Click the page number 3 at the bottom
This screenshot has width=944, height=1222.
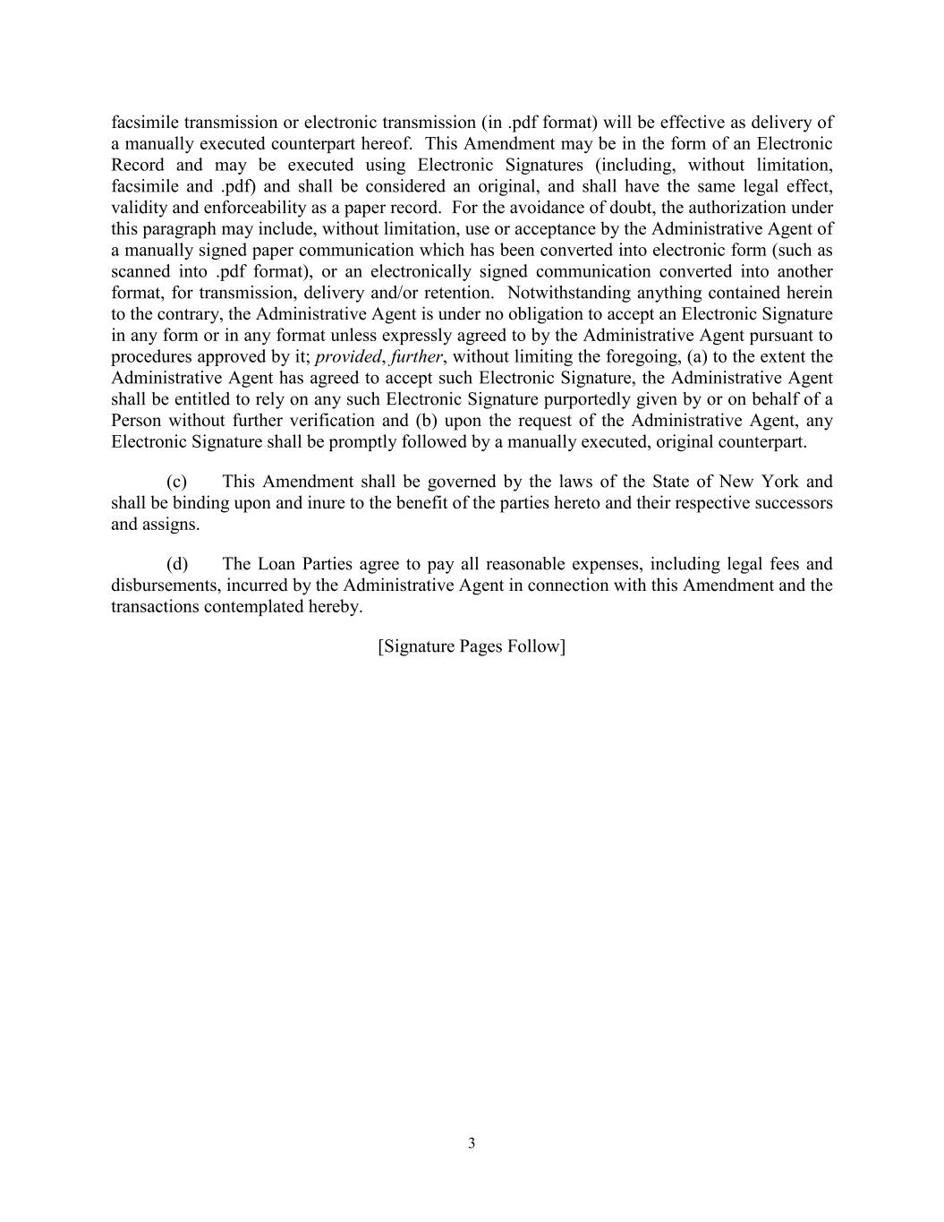point(472,1143)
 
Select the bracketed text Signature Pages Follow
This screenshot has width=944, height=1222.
point(472,646)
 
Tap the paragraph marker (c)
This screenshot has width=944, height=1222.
point(176,482)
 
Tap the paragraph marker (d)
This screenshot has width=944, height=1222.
point(177,564)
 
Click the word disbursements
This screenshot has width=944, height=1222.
point(164,585)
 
